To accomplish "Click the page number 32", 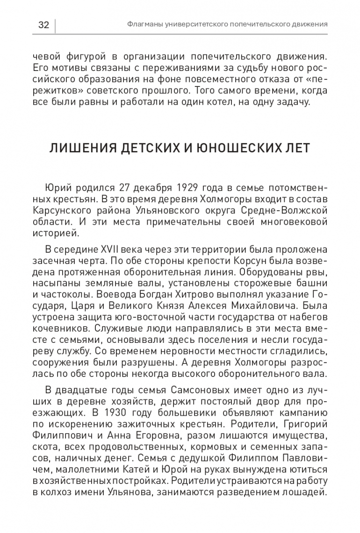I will pos(43,25).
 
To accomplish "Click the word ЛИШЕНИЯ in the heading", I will pos(79,149).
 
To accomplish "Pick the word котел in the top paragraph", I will pos(226,102).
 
